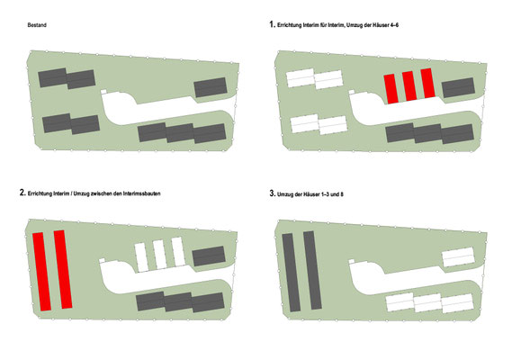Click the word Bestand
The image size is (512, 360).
(x=37, y=25)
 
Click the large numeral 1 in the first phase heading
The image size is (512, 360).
(x=272, y=24)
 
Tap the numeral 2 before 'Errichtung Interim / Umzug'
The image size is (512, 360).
(x=22, y=193)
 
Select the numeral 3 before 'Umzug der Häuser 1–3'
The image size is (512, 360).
(x=272, y=193)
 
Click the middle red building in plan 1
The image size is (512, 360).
(x=409, y=85)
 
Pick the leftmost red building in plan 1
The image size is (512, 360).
(x=391, y=89)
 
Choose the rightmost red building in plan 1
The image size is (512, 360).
(x=427, y=83)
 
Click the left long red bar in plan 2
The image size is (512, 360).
(x=41, y=272)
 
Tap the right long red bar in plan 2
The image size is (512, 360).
(x=63, y=269)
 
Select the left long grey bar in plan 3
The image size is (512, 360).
(x=291, y=273)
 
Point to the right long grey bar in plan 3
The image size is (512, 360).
(x=312, y=270)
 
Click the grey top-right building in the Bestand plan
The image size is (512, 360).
(x=211, y=87)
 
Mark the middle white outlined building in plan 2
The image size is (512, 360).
(x=160, y=255)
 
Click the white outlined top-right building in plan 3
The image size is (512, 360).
(x=458, y=256)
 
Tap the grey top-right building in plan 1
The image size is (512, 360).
(x=458, y=87)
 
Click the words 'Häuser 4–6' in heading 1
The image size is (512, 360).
(x=386, y=25)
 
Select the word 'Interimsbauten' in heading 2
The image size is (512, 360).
(x=141, y=193)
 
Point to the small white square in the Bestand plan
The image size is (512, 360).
(x=103, y=92)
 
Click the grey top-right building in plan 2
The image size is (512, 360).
(x=209, y=256)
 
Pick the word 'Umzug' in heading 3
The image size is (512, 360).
(x=284, y=194)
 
